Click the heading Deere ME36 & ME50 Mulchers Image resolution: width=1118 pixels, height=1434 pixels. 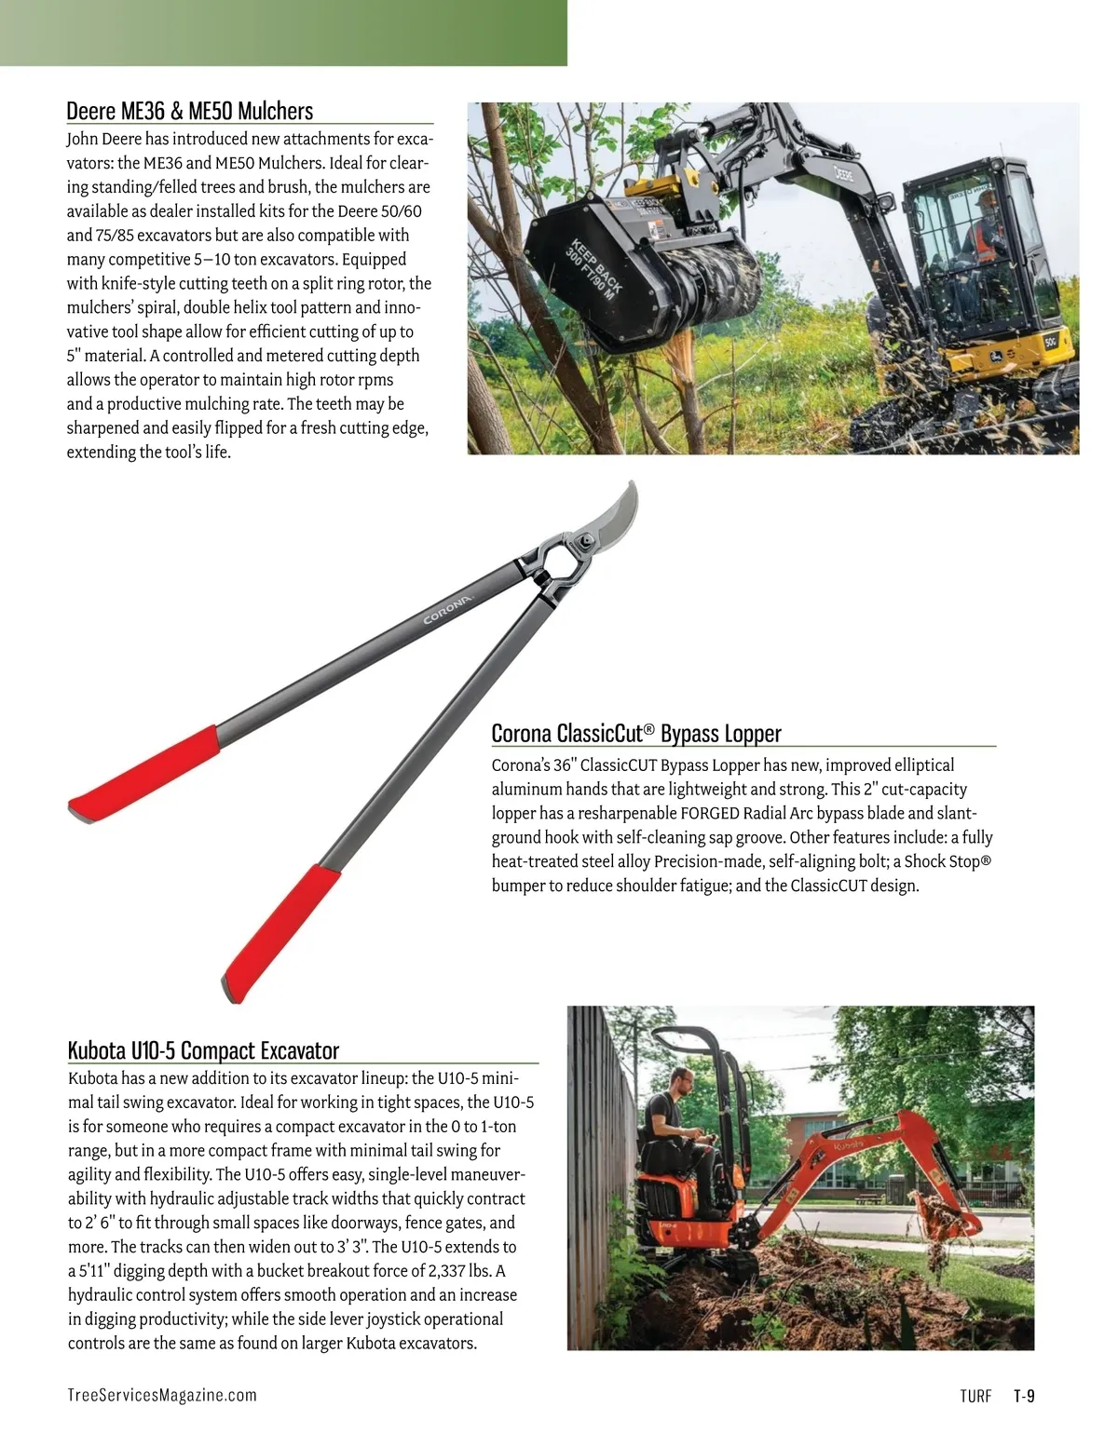pos(190,112)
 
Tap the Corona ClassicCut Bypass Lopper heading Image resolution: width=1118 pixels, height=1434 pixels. pos(636,734)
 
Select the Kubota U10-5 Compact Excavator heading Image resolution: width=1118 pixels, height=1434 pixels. pos(203,1051)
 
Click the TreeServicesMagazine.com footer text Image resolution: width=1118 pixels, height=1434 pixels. pos(162,1395)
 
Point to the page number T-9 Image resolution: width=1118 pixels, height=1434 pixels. pos(1024,1396)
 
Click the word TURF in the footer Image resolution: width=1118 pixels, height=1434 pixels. pos(975,1396)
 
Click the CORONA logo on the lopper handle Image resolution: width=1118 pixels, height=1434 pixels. pos(448,608)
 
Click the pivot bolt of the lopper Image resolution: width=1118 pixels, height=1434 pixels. pos(584,539)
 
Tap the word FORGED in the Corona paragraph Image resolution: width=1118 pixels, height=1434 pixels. pos(710,813)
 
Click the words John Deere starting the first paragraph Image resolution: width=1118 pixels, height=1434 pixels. pos(102,139)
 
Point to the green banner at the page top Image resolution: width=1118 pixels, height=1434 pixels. pos(283,33)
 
